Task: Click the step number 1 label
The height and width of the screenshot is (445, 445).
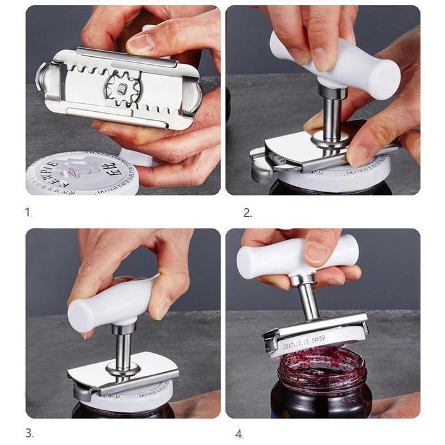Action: click(x=28, y=212)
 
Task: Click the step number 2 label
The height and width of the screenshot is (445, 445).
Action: click(x=247, y=213)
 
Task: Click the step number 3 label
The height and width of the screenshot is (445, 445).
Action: click(x=29, y=433)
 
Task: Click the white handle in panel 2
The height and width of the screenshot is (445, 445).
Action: click(x=346, y=62)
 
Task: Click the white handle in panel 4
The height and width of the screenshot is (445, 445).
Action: click(x=290, y=256)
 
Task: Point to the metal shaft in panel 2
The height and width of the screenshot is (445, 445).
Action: click(x=331, y=114)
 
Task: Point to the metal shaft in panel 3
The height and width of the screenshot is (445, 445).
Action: click(x=123, y=346)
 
